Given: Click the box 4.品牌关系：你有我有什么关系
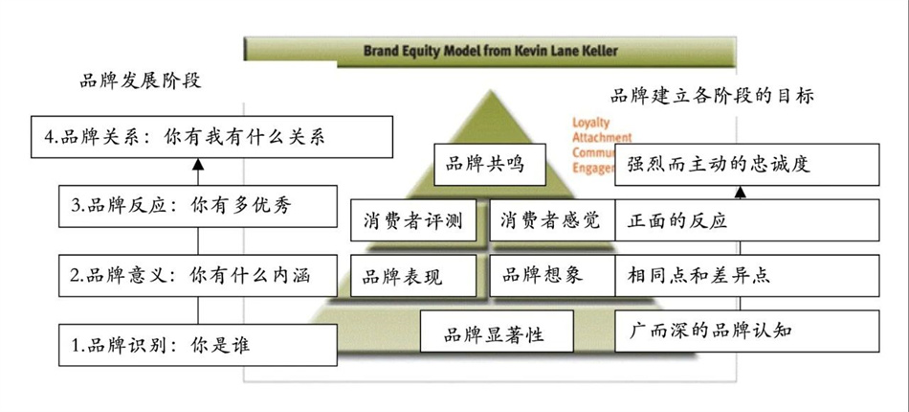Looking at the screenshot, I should (211, 136).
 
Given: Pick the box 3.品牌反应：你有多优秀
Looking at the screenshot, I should (198, 205).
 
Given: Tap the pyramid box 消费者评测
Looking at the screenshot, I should (413, 221).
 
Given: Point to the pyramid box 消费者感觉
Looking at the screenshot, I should (551, 221).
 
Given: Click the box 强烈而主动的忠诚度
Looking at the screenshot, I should (752, 164).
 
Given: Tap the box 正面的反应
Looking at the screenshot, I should (746, 221).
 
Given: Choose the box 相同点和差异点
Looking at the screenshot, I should (746, 276).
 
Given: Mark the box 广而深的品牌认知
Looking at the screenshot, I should (746, 332).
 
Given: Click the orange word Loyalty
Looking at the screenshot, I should (590, 124).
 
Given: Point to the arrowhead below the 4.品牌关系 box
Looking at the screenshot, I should (198, 165).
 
